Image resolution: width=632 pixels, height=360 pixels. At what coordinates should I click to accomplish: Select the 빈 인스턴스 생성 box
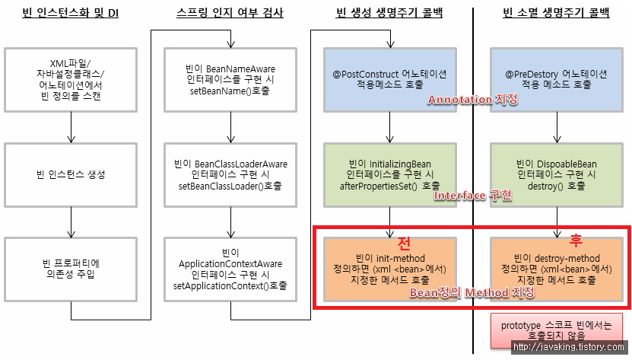pyautogui.click(x=71, y=174)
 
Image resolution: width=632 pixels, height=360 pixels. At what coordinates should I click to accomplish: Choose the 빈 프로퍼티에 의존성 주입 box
pyautogui.click(x=71, y=268)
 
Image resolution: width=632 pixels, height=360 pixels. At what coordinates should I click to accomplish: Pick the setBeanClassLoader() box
pyautogui.click(x=230, y=174)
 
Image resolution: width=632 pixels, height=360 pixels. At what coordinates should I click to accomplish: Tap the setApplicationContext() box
pyautogui.click(x=230, y=269)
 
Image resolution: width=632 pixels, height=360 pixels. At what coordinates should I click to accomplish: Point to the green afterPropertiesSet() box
pyautogui.click(x=389, y=174)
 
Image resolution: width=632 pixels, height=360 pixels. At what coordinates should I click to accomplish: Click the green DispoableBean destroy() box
pyautogui.click(x=556, y=174)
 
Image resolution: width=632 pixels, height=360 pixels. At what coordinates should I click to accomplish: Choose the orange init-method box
pyautogui.click(x=389, y=269)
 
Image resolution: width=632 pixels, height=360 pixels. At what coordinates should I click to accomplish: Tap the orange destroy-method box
pyautogui.click(x=556, y=269)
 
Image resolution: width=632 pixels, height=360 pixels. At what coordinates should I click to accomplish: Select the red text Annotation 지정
pyautogui.click(x=472, y=100)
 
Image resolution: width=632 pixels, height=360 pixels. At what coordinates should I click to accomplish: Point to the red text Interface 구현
pyautogui.click(x=472, y=196)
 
